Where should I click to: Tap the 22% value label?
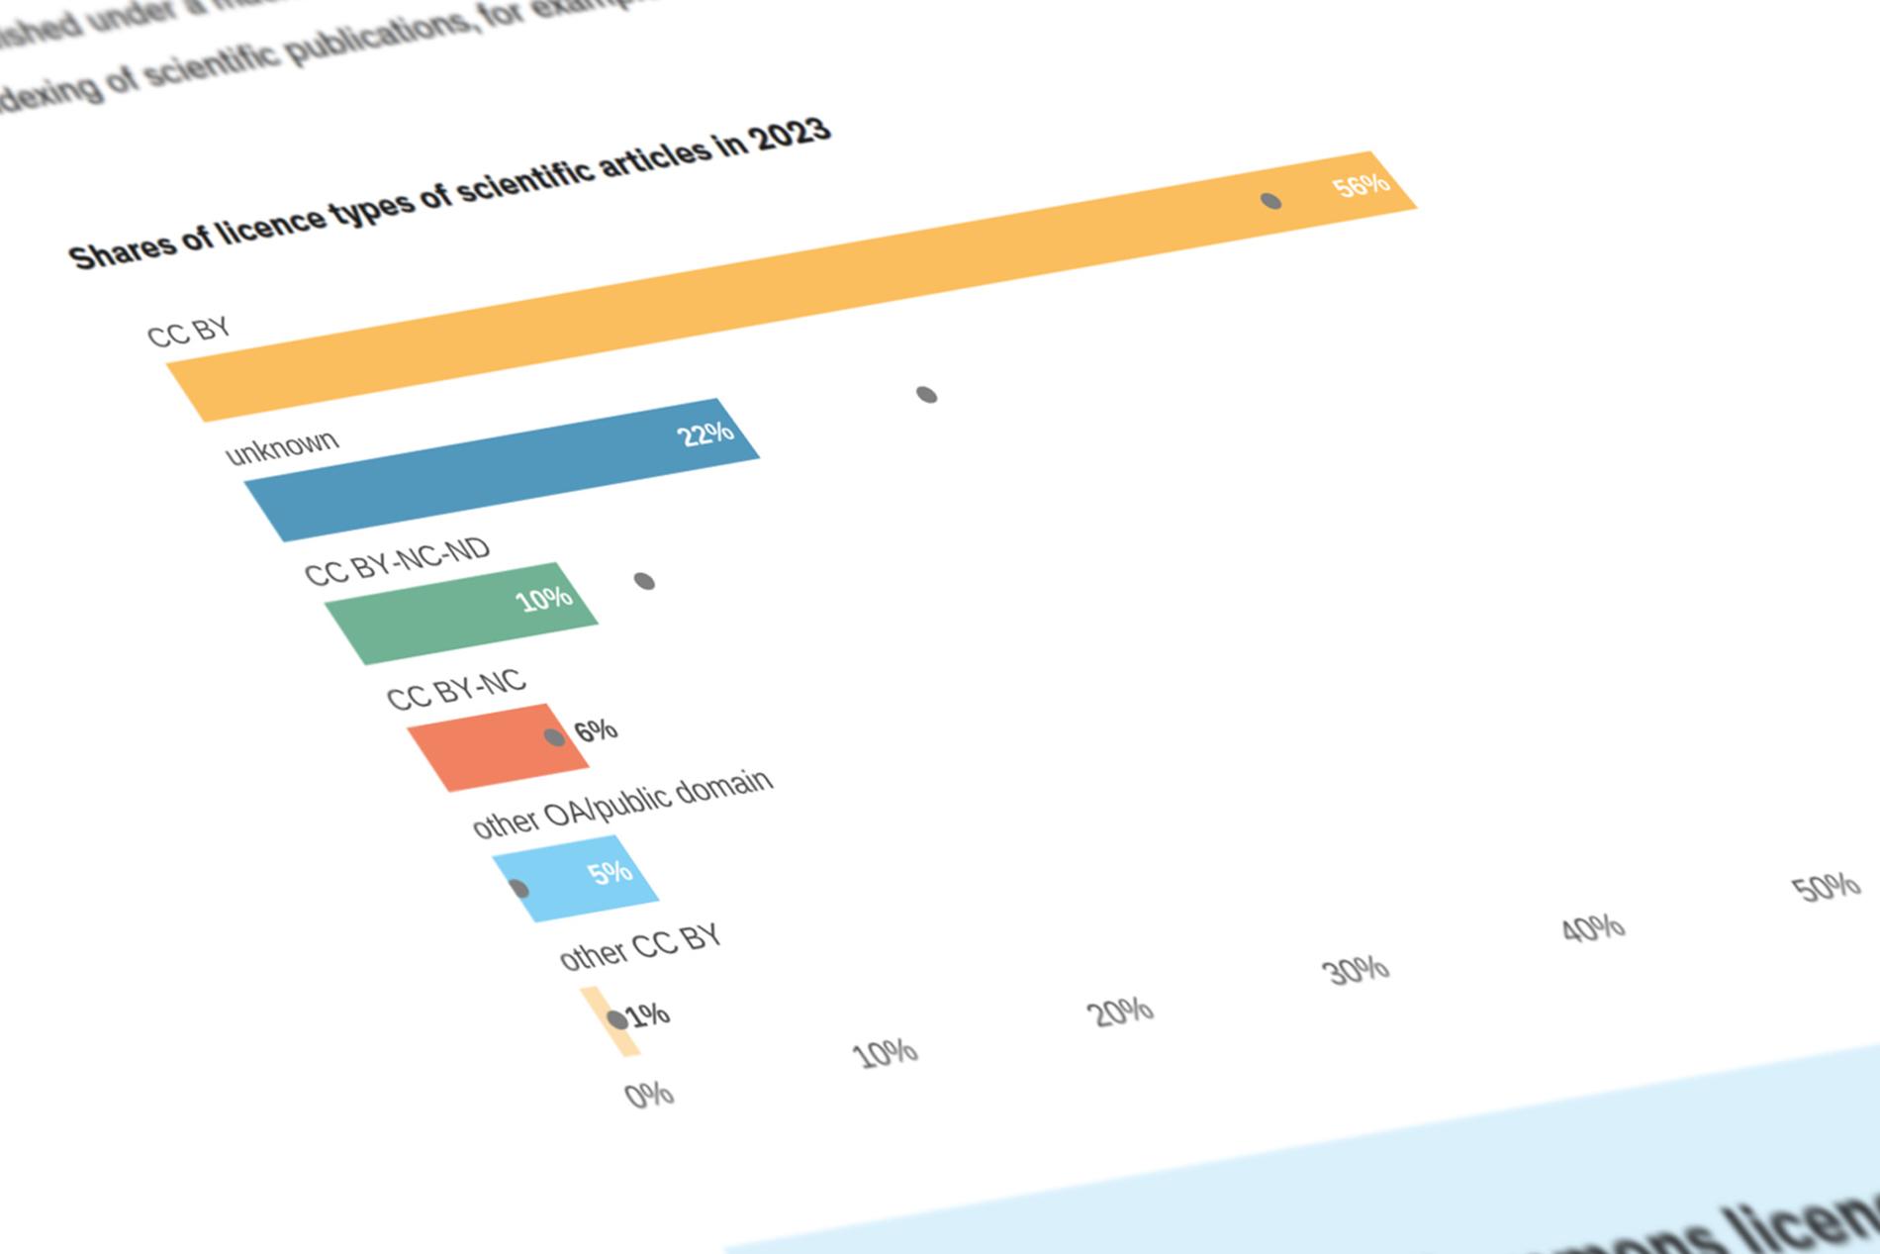[705, 434]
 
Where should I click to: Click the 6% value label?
[596, 731]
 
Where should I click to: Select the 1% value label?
[648, 1014]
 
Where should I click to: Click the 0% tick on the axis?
[649, 1095]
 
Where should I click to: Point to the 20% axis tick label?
[1121, 1012]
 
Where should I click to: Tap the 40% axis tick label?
[1593, 928]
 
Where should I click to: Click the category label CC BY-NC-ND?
[397, 562]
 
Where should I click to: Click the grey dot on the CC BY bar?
[1270, 201]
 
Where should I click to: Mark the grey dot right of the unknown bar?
[926, 395]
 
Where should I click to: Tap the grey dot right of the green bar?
[644, 581]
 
